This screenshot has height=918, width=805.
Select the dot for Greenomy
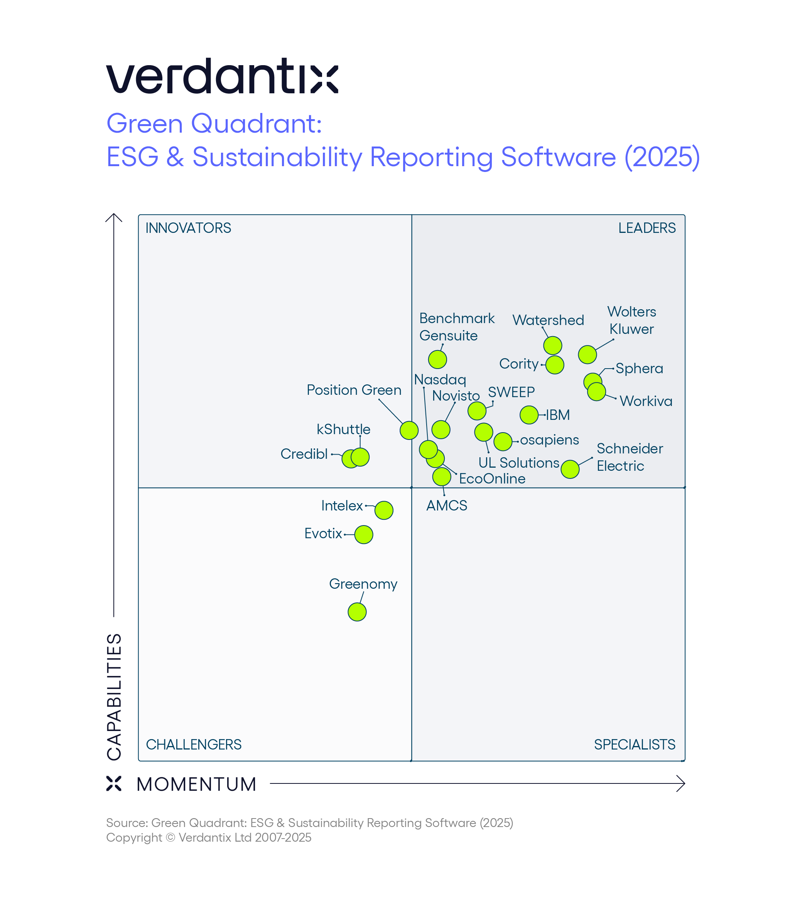tap(357, 612)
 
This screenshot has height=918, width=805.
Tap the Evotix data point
tap(363, 535)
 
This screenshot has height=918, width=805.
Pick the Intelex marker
tap(384, 510)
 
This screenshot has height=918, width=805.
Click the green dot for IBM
tap(529, 415)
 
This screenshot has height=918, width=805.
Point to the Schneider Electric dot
tap(570, 470)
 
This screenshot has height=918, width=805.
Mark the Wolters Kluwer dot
tap(587, 355)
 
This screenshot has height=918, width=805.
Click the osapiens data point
tap(503, 441)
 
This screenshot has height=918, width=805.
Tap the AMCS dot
tap(442, 477)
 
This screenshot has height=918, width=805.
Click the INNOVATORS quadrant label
tap(188, 228)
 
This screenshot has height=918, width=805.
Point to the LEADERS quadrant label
tap(646, 228)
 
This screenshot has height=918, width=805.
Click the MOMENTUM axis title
tap(196, 784)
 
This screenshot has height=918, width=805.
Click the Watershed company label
tap(548, 320)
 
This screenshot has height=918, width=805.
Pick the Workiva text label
tap(646, 401)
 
